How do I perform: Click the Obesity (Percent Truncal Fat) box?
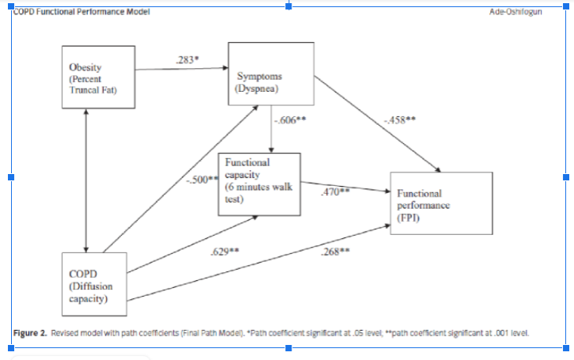coord(99,79)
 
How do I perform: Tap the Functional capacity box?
coord(260,182)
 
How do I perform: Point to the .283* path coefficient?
coord(187,59)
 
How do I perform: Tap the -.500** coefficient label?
coord(201,180)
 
